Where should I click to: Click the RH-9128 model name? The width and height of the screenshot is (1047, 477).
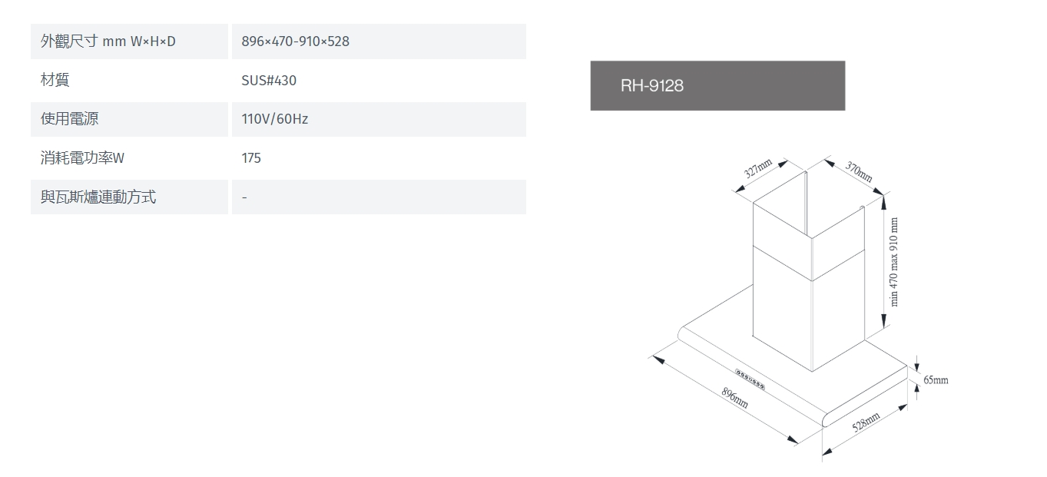coord(651,86)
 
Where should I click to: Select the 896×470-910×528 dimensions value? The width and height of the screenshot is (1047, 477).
coord(296,41)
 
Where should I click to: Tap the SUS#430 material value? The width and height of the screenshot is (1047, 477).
coord(269,81)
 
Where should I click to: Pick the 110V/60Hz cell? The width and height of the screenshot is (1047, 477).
coord(275,119)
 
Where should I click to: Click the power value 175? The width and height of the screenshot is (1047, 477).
coord(251,158)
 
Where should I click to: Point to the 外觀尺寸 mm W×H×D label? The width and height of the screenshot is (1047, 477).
coord(108,41)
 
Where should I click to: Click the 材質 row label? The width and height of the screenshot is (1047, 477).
coord(55,80)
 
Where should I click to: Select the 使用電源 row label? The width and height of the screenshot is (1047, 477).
coord(70,118)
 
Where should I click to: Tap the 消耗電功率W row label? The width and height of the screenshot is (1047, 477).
coord(82,158)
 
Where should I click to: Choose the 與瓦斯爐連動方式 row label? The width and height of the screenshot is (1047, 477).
coord(98,197)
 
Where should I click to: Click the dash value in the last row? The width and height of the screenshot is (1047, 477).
coord(244,197)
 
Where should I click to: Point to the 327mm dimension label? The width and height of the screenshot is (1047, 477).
coord(757,168)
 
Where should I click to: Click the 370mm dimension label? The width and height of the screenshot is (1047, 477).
coord(859,171)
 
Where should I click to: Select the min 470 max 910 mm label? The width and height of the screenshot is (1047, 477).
coord(893,262)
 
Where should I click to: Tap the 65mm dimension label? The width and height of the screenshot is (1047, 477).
coord(936,379)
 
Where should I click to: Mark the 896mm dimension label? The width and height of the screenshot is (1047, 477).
coord(735,398)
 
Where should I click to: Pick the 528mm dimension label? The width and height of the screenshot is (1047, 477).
coord(866,422)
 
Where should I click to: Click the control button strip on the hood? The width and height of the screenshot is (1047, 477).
coord(750,379)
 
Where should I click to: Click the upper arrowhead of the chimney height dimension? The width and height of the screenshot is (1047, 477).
coord(883,204)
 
